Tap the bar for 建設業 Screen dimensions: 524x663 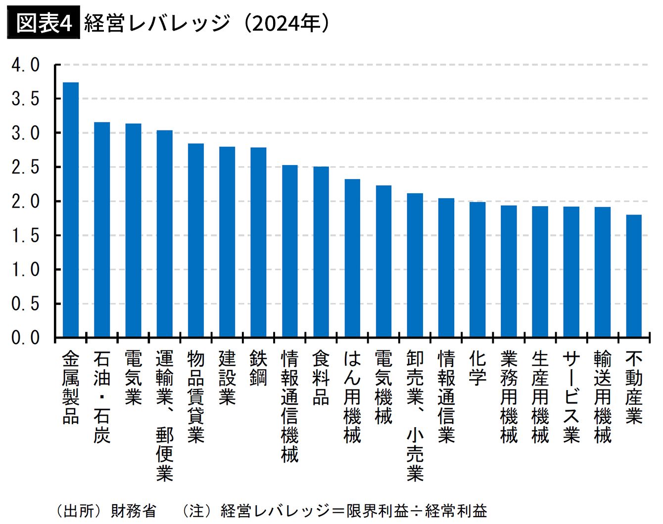point(227,242)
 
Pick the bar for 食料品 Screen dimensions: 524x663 point(321,252)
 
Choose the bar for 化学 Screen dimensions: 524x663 point(477,270)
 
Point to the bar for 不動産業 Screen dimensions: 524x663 point(634,276)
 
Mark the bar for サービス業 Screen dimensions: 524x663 point(571,272)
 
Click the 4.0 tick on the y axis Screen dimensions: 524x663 point(26,65)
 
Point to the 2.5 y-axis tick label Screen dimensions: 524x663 point(26,168)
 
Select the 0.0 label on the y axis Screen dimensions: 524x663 point(26,338)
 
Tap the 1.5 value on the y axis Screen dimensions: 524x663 point(26,236)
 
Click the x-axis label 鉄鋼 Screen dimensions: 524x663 point(258,368)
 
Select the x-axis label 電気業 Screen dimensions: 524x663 point(133,378)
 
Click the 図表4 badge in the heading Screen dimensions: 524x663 point(44,23)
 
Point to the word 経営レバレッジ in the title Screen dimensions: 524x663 point(157,23)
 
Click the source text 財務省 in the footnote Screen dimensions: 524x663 point(134,511)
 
